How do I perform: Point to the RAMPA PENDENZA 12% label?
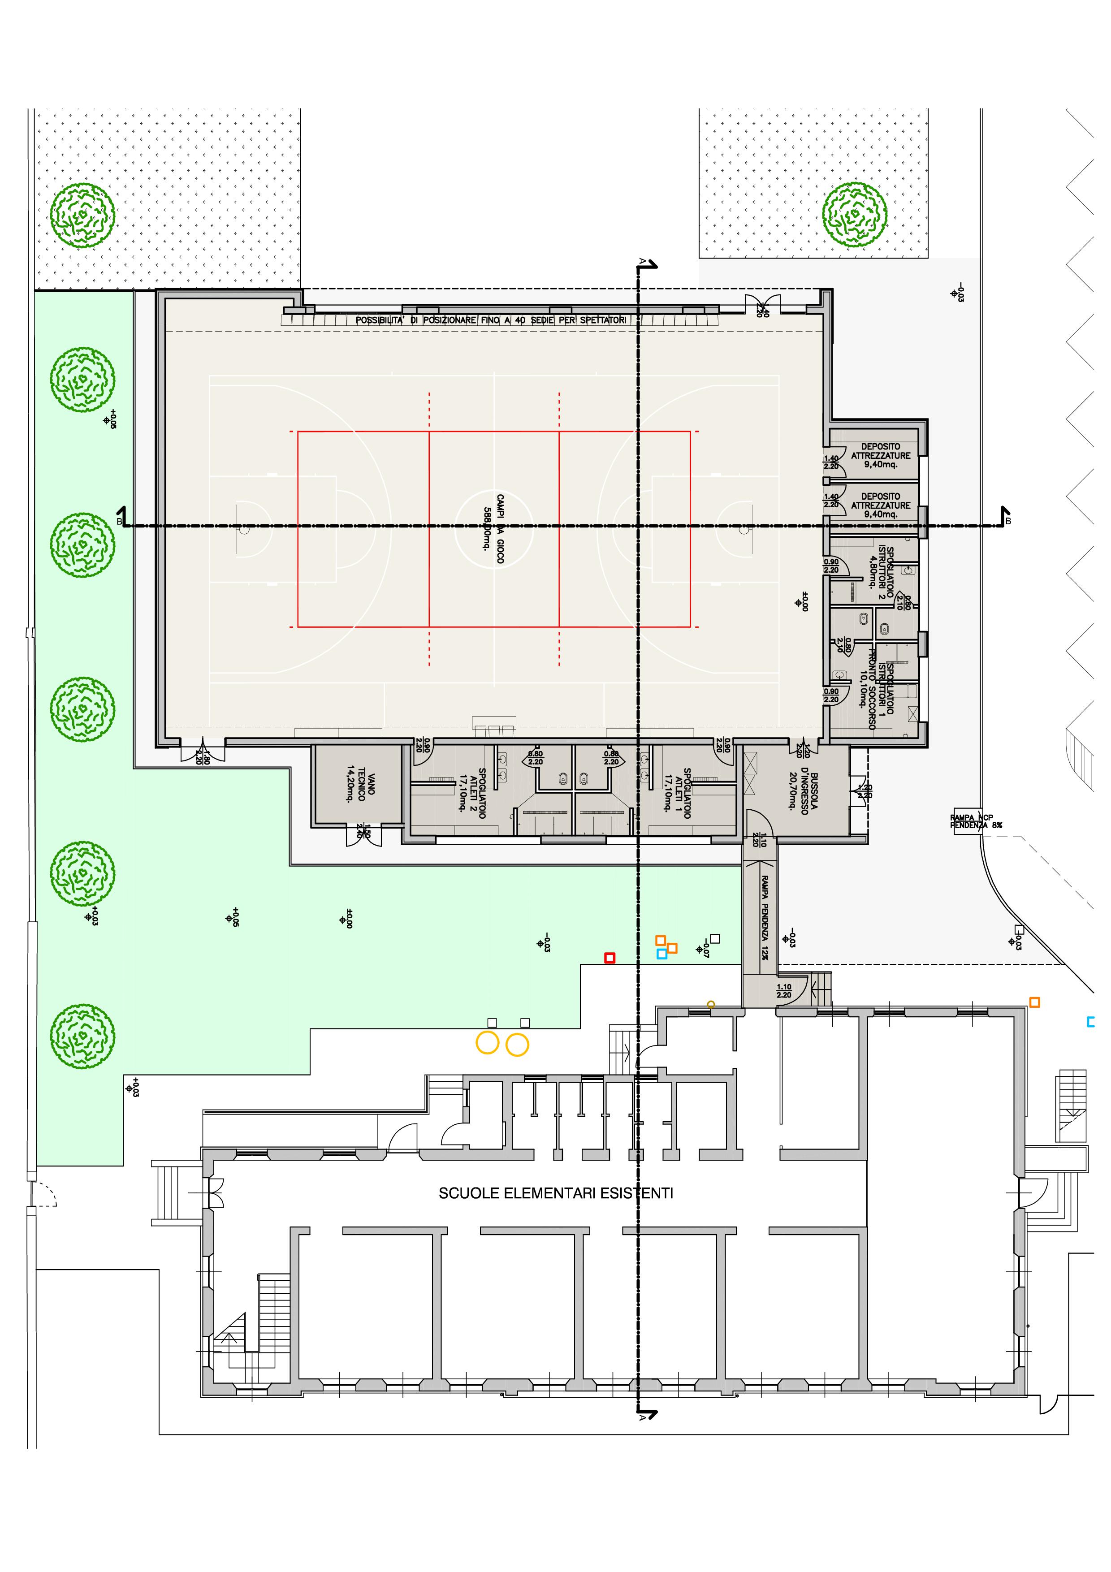pos(765,917)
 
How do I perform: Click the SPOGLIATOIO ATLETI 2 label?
pos(472,793)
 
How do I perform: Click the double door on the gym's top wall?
pos(762,305)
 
